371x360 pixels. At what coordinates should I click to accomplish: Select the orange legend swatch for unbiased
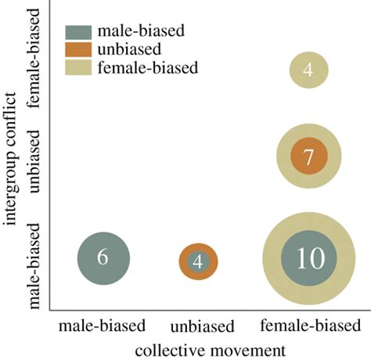click(x=77, y=49)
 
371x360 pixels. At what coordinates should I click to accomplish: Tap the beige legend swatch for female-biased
click(x=77, y=67)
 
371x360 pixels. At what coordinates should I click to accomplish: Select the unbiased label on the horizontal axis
click(x=198, y=325)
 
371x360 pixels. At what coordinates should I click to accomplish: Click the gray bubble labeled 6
click(x=103, y=258)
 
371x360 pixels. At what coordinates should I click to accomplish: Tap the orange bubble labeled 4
click(x=198, y=261)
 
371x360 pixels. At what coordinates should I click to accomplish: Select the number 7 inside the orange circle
click(x=308, y=157)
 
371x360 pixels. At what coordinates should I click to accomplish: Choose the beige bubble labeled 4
click(x=308, y=70)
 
